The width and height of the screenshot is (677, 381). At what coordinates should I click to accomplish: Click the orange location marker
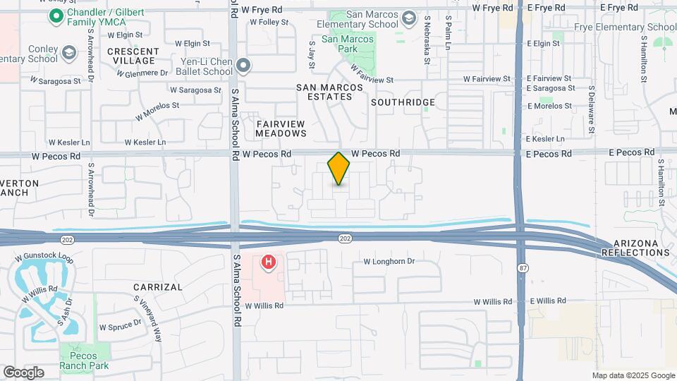point(338,168)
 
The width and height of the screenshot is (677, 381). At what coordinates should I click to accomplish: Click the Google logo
point(23,373)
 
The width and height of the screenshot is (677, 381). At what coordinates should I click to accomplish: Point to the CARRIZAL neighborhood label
point(158,287)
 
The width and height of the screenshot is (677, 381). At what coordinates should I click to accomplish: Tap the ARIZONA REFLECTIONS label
point(635,248)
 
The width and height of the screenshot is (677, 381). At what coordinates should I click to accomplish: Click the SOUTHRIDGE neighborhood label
point(403,102)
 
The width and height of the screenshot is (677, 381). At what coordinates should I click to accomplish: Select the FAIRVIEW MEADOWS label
point(281,128)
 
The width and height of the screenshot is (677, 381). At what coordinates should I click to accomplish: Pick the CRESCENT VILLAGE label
point(133,56)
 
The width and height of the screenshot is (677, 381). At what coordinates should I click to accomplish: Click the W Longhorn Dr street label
point(389,261)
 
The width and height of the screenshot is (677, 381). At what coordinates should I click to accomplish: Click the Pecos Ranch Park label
point(84,361)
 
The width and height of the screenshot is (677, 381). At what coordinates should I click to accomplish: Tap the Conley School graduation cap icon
point(68,54)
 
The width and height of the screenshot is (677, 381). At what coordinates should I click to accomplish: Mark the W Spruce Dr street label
point(121,327)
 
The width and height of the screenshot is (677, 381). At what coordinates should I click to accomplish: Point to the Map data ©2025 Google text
point(633,375)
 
